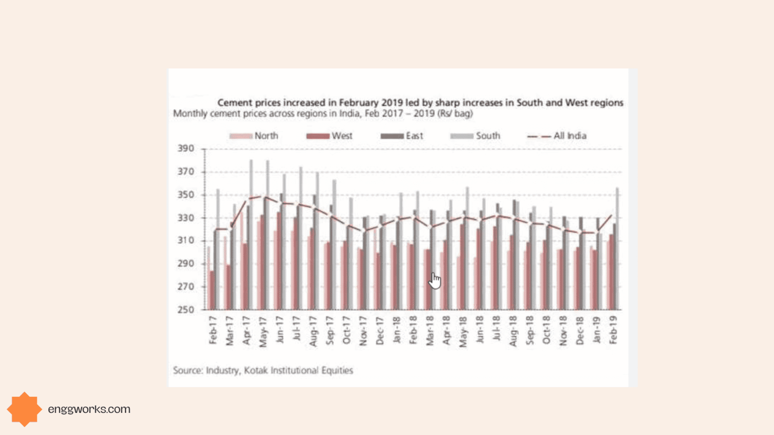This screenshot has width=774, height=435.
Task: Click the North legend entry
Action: point(254,136)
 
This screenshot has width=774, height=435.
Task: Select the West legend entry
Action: point(330,136)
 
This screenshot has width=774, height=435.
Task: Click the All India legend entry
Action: point(557,136)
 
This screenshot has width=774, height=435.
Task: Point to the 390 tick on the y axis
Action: point(185,149)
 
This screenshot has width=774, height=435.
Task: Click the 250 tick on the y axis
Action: point(185,310)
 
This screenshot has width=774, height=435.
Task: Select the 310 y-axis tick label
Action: point(185,241)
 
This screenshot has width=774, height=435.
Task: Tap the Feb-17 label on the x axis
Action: point(213,330)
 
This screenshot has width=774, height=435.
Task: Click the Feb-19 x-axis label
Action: point(613,330)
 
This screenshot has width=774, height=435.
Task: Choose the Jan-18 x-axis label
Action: point(396,330)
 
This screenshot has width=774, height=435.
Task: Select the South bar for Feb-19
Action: point(617,249)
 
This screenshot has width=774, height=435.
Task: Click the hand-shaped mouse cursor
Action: point(435,280)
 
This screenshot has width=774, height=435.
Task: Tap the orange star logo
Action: point(24,409)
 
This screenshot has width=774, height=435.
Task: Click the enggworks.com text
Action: point(89,409)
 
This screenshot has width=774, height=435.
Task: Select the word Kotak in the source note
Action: point(256,371)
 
